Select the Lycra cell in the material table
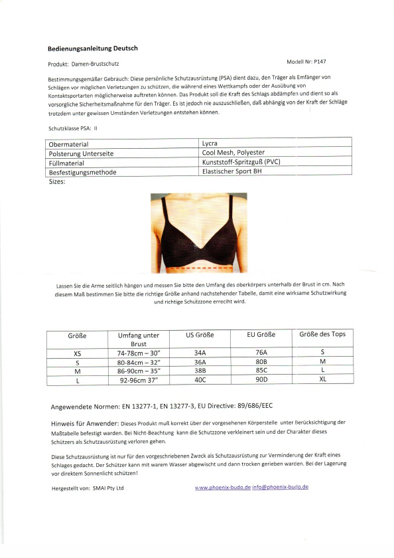(210, 143)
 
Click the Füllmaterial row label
(72, 162)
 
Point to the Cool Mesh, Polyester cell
(233, 152)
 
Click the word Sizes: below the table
(57, 181)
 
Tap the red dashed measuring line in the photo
(198, 268)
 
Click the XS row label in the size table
(78, 353)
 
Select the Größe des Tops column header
(323, 333)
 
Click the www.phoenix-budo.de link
(222, 487)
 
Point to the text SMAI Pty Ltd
(107, 488)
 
